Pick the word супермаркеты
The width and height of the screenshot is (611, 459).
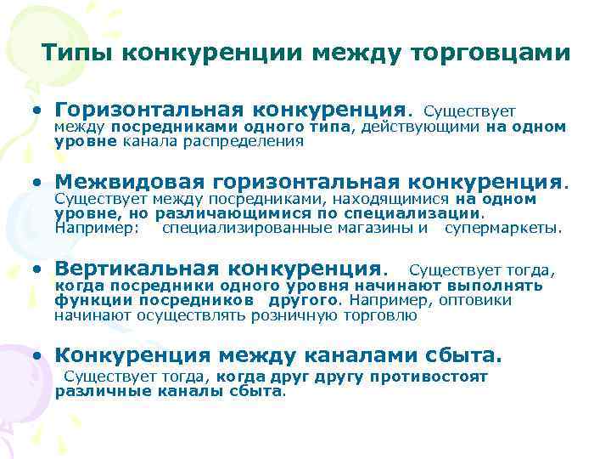502,228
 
